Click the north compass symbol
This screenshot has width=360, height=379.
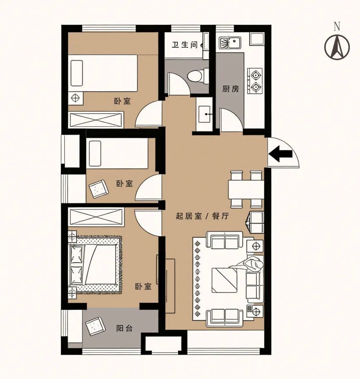pyautogui.click(x=337, y=47)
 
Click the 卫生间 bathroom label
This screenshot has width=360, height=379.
pyautogui.click(x=185, y=45)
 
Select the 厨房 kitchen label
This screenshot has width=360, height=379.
pyautogui.click(x=230, y=89)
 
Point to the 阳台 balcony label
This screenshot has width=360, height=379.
pyautogui.click(x=124, y=328)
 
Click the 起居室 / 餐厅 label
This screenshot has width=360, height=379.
pyautogui.click(x=202, y=216)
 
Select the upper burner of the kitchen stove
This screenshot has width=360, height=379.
pyautogui.click(x=255, y=75)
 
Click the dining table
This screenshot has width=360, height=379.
pyautogui.click(x=246, y=189)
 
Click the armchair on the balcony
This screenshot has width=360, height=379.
pyautogui.click(x=95, y=326)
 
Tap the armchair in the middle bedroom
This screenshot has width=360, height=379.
pyautogui.click(x=98, y=189)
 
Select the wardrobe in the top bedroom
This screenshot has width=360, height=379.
pyautogui.click(x=96, y=120)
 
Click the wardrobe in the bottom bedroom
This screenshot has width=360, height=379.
pyautogui.click(x=96, y=217)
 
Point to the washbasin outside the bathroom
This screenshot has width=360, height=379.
pyautogui.click(x=204, y=114)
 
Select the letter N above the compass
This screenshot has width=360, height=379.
pyautogui.click(x=337, y=27)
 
